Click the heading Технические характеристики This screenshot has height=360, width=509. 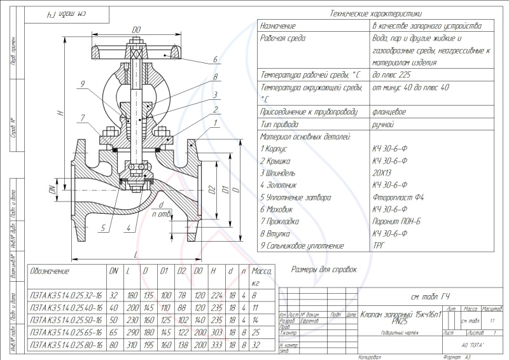pos(376,13)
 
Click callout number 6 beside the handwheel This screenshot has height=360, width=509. pos(216,59)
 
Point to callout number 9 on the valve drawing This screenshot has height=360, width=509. pos(83,83)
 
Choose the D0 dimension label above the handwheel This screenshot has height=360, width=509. pos(136,29)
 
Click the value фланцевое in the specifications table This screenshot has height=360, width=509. pos(391,111)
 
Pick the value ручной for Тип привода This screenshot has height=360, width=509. pos(383,123)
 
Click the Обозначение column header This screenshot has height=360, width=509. pos(50,272)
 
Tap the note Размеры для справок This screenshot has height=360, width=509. pos(324,270)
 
